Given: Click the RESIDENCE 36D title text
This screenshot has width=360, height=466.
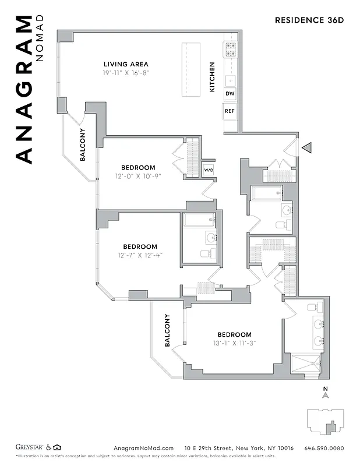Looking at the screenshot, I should coord(309,20).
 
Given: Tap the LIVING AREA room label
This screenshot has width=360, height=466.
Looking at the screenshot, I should coord(126,64).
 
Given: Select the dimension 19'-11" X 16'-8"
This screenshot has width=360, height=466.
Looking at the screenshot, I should coord(126,73).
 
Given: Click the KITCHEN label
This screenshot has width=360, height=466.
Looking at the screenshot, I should coord(212,77).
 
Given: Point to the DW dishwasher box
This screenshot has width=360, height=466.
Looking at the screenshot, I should coord(230,94).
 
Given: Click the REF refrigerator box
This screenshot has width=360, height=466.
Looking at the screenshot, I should coord(230,111).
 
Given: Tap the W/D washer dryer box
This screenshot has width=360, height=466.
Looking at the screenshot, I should coord(208,170).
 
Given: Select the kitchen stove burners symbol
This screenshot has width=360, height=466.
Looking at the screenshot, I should coord(231,48).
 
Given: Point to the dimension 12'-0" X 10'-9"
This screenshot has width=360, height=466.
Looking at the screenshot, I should coord(139,176).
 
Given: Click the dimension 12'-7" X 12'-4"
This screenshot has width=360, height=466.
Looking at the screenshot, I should coord(140,255).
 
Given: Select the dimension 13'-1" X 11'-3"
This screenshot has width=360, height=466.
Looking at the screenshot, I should coord(234,343).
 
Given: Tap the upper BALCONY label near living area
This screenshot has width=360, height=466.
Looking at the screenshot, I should coord(83,144).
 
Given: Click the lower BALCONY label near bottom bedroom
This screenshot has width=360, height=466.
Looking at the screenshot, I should coord(167,331).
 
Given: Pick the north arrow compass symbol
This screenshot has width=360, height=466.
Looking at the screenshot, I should coord(326,394).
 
